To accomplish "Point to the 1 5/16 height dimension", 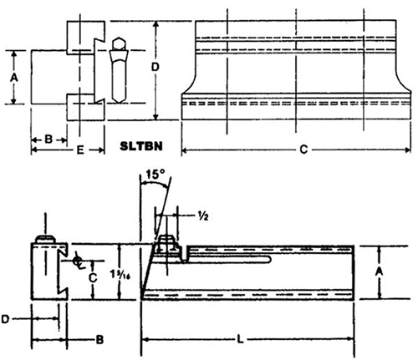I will [126, 271].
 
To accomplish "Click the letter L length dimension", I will [241, 340].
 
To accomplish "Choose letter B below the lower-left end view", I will [99, 340].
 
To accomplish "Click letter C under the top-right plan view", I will [301, 150].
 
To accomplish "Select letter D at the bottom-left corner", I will [8, 319].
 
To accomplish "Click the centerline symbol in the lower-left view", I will [77, 261].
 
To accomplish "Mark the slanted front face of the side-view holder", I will [149, 267].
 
